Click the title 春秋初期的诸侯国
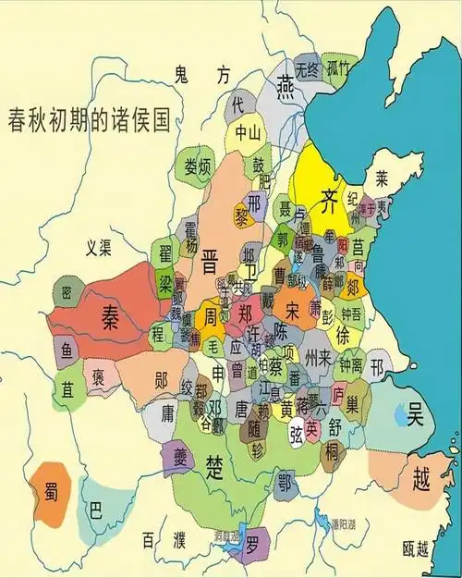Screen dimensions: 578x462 89,120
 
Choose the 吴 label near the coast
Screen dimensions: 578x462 415,417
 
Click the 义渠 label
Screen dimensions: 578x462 99,247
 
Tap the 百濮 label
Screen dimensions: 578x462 164,540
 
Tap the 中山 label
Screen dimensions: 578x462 248,131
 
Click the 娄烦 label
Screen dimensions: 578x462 198,167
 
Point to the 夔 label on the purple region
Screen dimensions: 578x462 176,455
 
